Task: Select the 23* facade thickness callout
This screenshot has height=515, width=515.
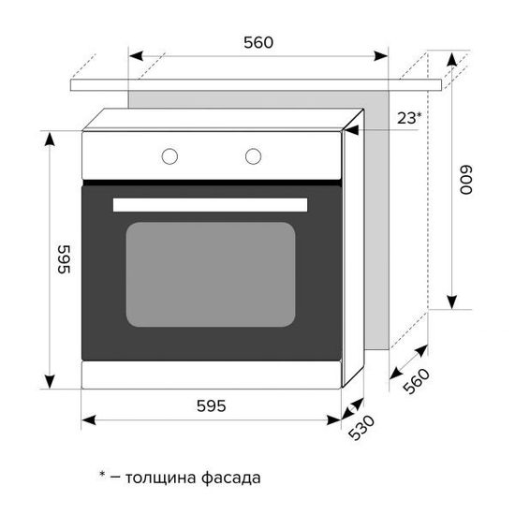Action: tap(408, 117)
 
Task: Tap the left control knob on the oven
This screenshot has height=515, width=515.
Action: tap(170, 155)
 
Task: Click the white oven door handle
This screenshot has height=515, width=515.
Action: tap(211, 204)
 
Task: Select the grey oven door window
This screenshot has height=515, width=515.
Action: tap(211, 274)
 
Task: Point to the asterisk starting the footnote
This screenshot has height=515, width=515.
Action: tap(102, 475)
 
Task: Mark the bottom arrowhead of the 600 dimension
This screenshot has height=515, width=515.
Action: tap(452, 302)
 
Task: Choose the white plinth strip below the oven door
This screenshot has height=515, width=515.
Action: tap(211, 375)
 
